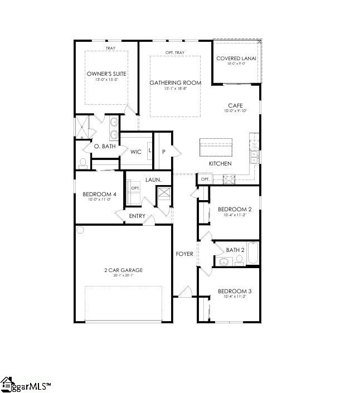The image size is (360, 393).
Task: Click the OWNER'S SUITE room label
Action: click(x=106, y=74)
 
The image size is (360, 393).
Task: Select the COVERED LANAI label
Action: click(x=236, y=58)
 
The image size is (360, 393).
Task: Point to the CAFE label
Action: click(x=235, y=105)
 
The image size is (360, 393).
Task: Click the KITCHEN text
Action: click(x=220, y=163)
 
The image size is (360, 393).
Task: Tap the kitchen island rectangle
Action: click(x=218, y=148)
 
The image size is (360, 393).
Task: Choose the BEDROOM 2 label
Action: click(x=234, y=210)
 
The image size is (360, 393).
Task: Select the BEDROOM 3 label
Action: click(x=234, y=291)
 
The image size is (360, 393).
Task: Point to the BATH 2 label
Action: click(x=235, y=250)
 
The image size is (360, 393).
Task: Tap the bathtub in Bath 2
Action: click(x=253, y=254)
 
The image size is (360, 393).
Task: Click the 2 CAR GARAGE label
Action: click(x=123, y=270)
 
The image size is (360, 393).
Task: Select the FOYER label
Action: click(x=184, y=254)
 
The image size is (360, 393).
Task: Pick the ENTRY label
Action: click(x=137, y=216)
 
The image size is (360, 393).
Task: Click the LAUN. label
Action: click(x=153, y=179)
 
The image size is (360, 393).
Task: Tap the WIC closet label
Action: click(x=135, y=151)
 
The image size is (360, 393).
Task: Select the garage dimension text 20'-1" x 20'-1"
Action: click(x=123, y=276)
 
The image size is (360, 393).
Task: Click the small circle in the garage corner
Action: click(x=80, y=230)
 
